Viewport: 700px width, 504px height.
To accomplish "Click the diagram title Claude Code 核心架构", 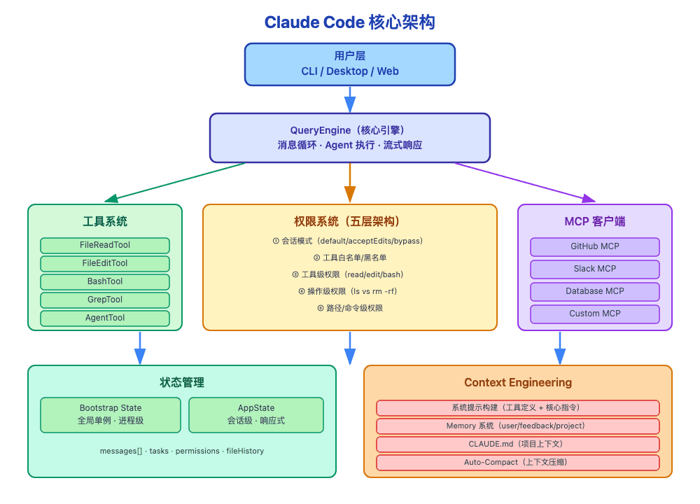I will (x=349, y=22).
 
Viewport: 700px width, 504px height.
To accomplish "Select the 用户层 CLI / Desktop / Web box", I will (x=349, y=64).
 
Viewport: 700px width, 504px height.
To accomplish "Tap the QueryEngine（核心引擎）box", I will (x=349, y=138).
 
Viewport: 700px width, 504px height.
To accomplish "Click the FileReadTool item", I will (x=105, y=246).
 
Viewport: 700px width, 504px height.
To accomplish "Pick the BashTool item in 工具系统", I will (x=105, y=282).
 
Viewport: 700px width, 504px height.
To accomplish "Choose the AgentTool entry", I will (x=105, y=318).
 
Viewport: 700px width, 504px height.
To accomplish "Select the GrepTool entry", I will (x=105, y=300).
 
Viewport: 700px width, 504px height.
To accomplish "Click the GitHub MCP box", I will (x=594, y=247).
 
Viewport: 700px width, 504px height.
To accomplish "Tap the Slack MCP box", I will (x=594, y=269).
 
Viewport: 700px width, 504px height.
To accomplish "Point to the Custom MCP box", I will (x=594, y=314).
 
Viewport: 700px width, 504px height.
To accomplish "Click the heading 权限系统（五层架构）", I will (x=349, y=222).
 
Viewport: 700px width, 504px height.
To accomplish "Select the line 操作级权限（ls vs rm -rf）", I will (x=349, y=291).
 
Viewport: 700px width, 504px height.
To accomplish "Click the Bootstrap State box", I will (x=111, y=415).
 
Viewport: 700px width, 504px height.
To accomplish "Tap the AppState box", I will (x=256, y=415).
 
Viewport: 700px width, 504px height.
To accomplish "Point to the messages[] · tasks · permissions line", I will (x=182, y=451).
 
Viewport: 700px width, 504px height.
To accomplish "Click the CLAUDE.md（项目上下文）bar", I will (x=518, y=444).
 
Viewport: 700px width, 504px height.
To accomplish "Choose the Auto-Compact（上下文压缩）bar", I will (x=518, y=463).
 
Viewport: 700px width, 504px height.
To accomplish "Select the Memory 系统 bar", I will (x=518, y=426).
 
